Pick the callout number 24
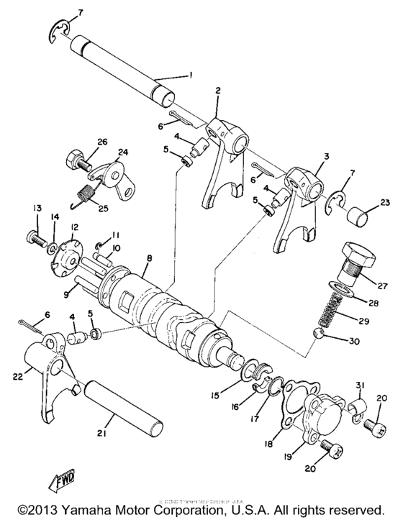click(122, 152)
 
